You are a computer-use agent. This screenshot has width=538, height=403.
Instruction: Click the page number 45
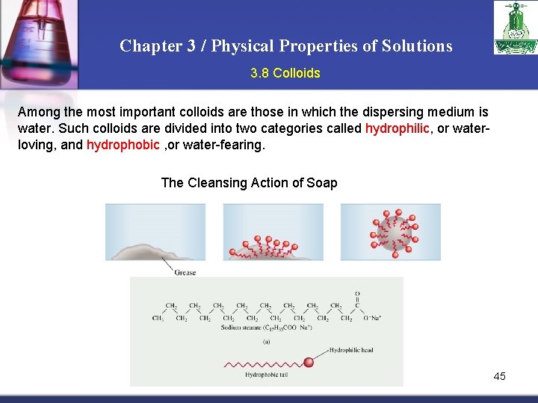[499, 376]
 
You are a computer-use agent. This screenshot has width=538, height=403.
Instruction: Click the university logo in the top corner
[514, 28]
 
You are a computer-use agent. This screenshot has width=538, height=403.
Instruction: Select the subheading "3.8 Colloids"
[285, 73]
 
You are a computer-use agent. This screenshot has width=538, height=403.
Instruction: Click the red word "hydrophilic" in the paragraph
[397, 128]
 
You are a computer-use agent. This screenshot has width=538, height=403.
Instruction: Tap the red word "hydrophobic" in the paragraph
[123, 145]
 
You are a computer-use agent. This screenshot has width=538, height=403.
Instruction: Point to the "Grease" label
[185, 272]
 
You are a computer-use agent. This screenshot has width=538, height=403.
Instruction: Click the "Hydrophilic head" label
[350, 350]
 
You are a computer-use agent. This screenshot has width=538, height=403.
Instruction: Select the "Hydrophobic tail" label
[266, 375]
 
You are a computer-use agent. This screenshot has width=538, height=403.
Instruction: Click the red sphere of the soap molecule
[308, 363]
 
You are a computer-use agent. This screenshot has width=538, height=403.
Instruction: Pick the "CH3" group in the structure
[158, 319]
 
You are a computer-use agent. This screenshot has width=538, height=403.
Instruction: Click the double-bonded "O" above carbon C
[357, 294]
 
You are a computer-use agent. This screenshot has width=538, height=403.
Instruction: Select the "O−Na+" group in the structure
[371, 319]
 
